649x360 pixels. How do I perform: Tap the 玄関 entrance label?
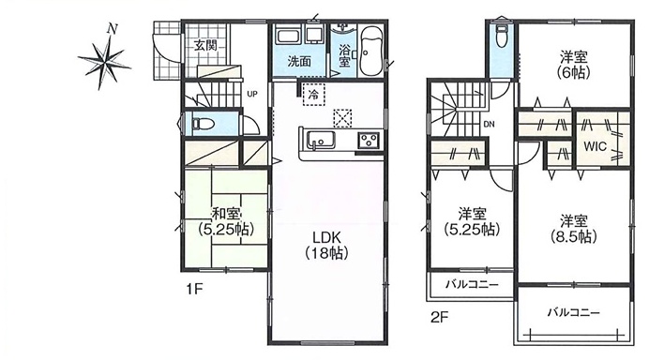click(205, 45)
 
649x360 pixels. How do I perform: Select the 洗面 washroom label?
click(299, 62)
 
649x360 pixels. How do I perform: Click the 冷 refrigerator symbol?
click(314, 95)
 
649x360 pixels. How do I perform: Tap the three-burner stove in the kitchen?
click(368, 140)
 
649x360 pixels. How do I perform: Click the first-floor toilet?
click(203, 124)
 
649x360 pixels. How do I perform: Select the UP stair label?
click(252, 94)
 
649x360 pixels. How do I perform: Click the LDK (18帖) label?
click(326, 245)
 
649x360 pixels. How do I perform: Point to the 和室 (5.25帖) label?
click(226, 221)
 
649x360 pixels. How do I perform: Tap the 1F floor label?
click(194, 289)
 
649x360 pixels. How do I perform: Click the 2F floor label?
click(439, 318)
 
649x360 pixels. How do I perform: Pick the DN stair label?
click(489, 124)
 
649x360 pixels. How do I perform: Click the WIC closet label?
click(595, 146)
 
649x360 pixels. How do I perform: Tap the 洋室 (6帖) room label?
click(574, 64)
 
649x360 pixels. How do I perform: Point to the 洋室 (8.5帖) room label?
click(574, 229)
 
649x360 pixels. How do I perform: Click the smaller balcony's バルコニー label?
click(472, 285)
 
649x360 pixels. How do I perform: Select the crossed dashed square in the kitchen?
click(342, 118)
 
